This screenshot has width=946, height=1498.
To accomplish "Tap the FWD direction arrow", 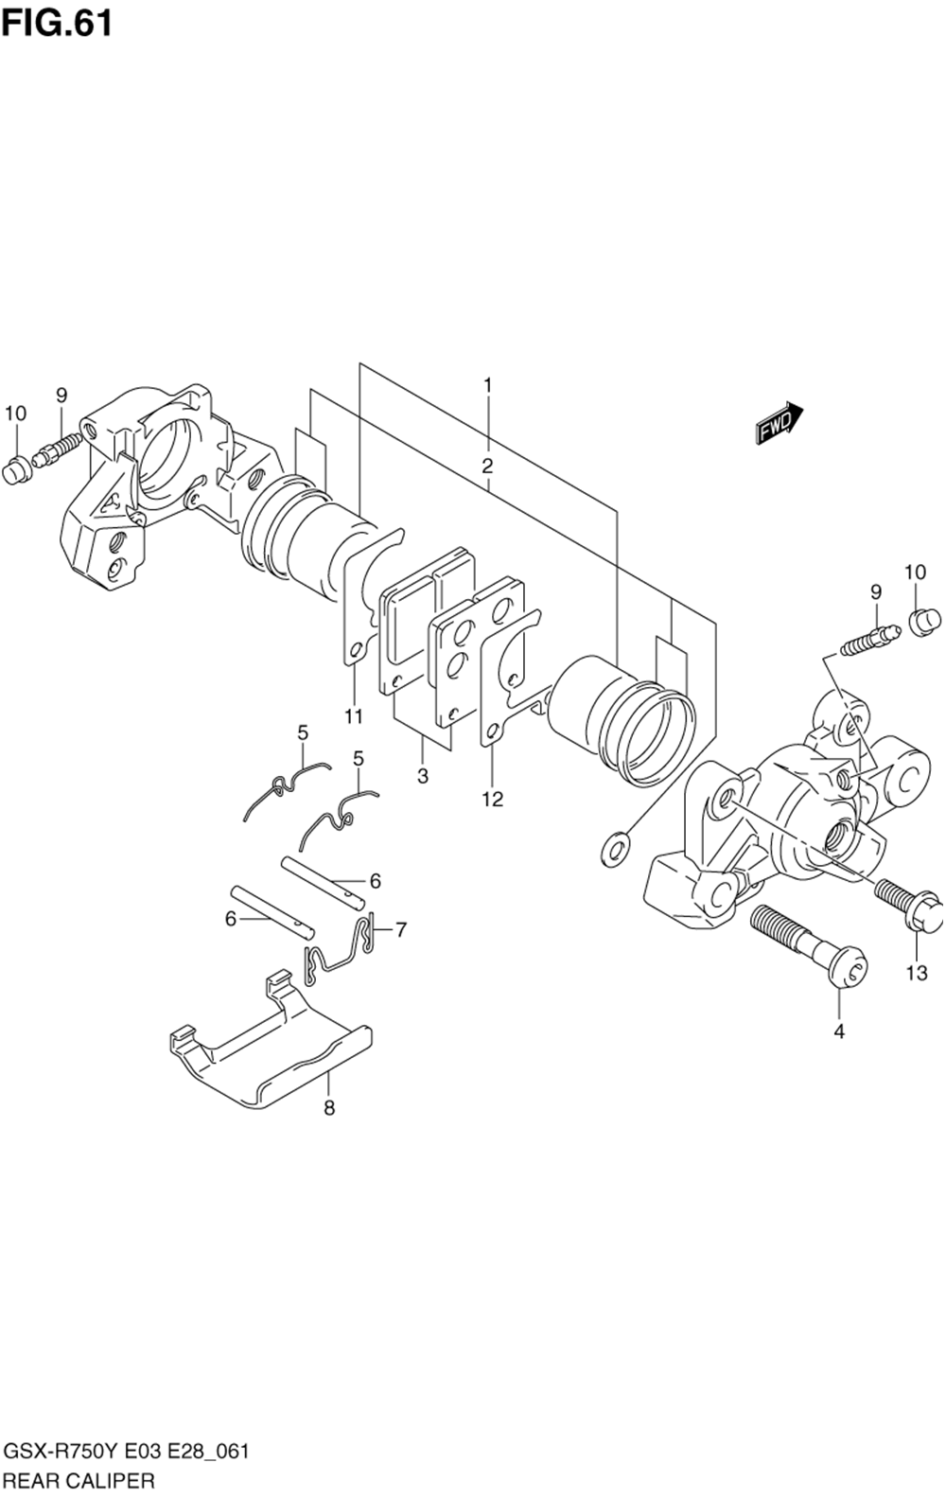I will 779,421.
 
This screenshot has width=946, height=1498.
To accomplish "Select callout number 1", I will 487,385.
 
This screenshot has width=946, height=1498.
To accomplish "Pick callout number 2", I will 487,466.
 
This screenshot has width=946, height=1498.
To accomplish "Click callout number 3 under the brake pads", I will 422,776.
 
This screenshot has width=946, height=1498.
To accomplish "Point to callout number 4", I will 839,1031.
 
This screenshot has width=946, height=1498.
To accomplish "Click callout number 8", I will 329,1107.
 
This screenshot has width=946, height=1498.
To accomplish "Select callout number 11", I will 353,716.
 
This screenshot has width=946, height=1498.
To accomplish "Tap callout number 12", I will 492,799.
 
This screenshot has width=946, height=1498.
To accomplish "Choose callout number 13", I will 916,972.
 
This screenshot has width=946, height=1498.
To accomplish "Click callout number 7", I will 401,929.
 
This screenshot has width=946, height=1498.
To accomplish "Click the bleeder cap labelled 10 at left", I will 14,469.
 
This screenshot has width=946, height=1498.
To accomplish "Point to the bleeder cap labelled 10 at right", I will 923,623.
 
